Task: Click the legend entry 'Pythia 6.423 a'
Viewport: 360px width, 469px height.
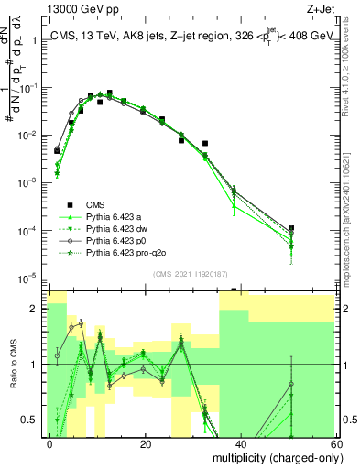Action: [115, 216]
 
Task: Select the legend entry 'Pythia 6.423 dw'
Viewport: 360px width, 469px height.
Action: [116, 228]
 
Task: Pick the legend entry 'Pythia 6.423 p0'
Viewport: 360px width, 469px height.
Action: [116, 240]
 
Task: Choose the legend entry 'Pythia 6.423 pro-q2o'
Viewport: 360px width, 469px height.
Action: [125, 252]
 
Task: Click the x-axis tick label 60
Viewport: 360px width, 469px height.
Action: [333, 443]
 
